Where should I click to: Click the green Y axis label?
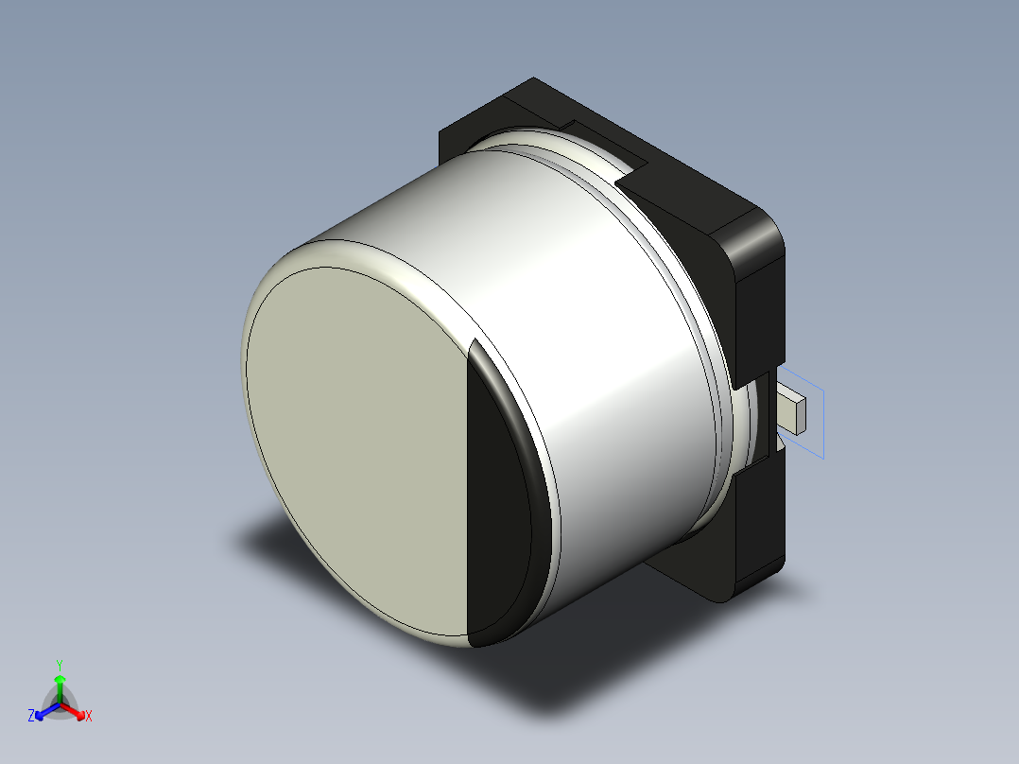tap(60, 664)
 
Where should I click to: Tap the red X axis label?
tap(89, 717)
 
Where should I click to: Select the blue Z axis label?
tap(31, 717)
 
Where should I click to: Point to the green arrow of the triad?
tap(60, 685)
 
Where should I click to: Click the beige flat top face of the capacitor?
tap(359, 444)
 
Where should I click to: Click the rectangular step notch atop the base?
tap(605, 142)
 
